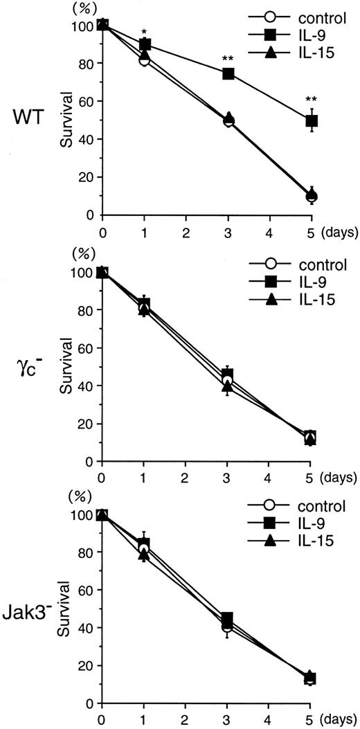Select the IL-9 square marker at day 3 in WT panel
pyautogui.click(x=228, y=73)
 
